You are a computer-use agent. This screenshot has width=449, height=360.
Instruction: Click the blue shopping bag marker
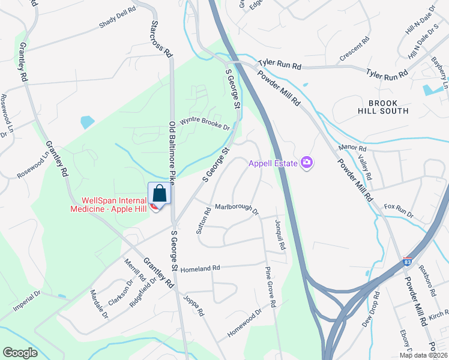159,194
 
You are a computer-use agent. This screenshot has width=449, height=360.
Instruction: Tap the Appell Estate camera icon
307,163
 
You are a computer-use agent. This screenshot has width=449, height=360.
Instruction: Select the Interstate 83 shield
408,262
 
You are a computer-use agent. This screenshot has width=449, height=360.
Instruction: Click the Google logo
20,353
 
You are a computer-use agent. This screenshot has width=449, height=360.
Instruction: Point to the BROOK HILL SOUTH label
388,107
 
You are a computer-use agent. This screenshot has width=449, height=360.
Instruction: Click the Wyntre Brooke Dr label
205,123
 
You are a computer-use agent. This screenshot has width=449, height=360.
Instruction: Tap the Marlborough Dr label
236,208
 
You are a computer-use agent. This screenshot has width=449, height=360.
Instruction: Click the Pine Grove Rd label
269,287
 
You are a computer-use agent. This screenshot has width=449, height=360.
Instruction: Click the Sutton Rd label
204,220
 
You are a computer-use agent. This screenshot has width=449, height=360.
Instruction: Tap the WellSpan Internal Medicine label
107,204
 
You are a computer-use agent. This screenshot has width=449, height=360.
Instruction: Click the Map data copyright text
423,355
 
